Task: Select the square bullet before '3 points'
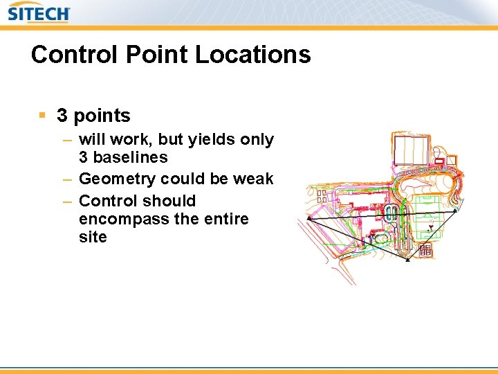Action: [42, 115]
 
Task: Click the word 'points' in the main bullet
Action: [102, 116]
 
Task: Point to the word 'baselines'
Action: [131, 157]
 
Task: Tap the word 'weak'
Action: [253, 179]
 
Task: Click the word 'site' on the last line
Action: [93, 237]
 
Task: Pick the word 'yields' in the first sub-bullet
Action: [210, 140]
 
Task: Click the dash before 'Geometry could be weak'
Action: [67, 179]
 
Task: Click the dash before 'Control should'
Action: [67, 202]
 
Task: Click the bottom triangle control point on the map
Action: [407, 260]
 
